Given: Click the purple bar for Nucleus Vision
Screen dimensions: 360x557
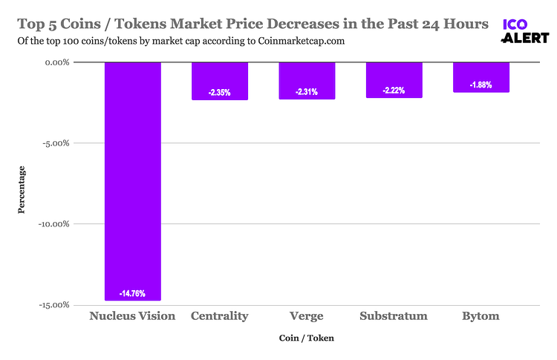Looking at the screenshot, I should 132,181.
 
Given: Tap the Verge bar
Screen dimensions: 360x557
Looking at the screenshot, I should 307,80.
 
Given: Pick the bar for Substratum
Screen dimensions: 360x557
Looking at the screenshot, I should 394,79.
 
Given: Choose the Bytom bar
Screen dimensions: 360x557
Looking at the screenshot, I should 481,76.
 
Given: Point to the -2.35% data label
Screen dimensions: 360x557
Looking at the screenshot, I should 220,93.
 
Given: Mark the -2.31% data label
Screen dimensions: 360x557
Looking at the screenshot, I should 307,92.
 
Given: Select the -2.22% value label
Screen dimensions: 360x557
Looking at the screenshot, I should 394,91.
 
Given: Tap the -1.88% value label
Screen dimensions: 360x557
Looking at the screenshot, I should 481,85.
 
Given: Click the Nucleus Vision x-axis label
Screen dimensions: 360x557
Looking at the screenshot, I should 132,316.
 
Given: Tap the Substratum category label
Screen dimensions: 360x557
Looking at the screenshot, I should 394,316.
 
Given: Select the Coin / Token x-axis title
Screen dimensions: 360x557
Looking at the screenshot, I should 307,338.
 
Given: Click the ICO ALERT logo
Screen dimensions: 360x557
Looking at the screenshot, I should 525,31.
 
